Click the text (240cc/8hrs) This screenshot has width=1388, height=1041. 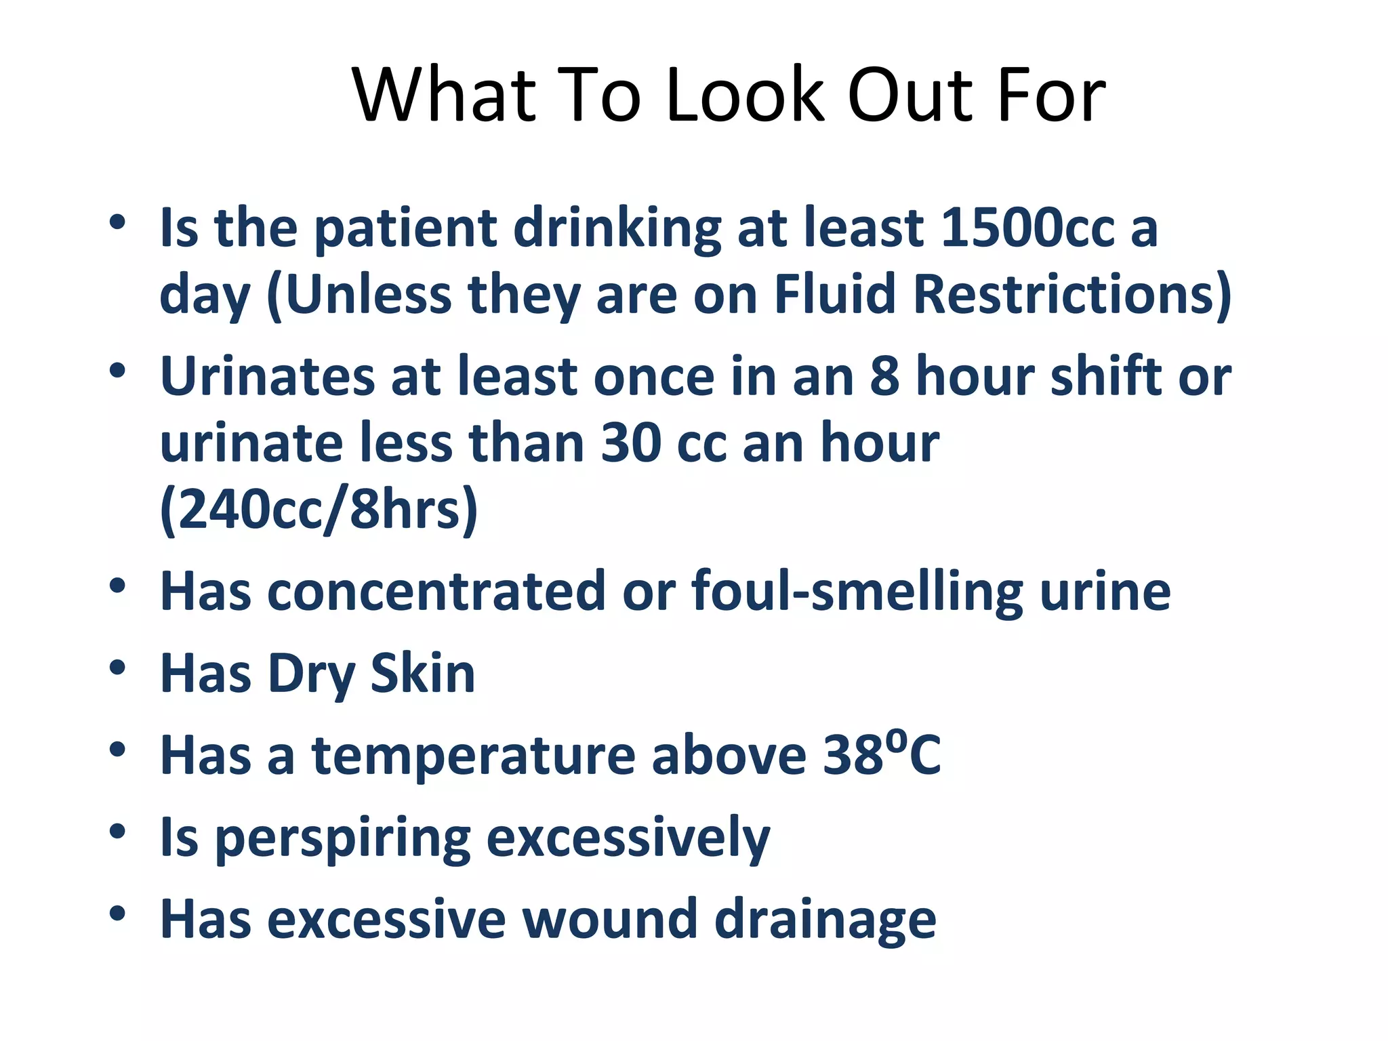[319, 510]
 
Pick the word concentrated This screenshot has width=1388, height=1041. [436, 592]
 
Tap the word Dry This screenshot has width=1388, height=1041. [312, 675]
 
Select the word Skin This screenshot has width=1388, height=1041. [423, 674]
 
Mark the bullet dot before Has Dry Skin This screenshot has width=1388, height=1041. [117, 668]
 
